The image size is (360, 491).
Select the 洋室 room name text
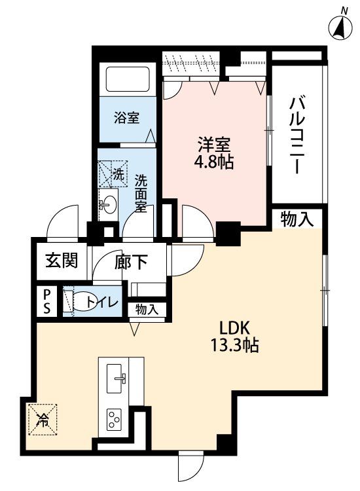coord(213,143)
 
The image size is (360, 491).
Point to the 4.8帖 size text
coord(214,162)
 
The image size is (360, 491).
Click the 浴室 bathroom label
coord(126,118)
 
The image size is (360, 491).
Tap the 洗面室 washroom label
coord(141,192)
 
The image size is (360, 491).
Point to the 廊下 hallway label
coord(131,262)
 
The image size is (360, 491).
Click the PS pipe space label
coord(48,302)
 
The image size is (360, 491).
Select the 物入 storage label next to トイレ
coord(147,309)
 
